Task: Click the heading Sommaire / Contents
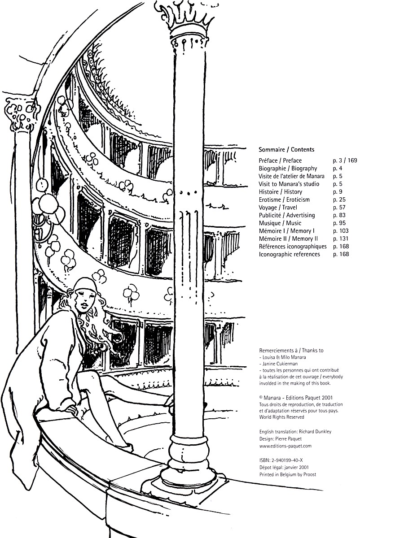[286, 150]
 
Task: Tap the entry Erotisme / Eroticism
[284, 200]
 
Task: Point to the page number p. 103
[340, 231]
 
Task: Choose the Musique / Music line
[280, 223]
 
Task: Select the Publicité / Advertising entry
[287, 215]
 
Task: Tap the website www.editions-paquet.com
[285, 446]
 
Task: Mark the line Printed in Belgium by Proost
[288, 474]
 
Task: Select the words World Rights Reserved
[282, 417]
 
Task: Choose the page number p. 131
[340, 239]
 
